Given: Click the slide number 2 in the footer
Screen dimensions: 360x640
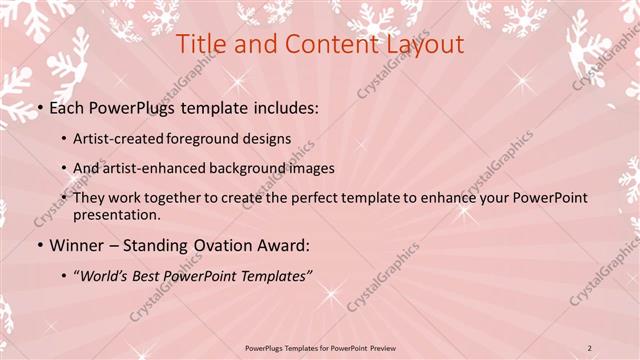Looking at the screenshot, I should [x=590, y=347].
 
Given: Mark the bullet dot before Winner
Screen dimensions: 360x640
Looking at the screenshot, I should [x=40, y=244].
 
